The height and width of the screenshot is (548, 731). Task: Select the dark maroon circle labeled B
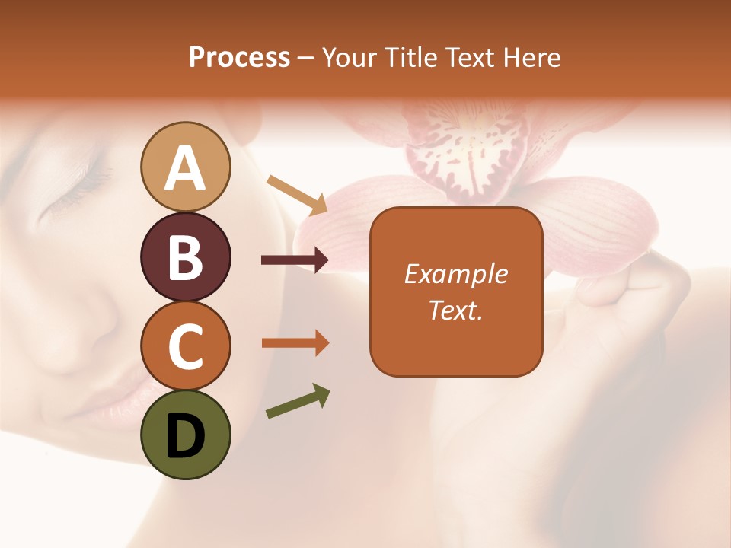point(185,256)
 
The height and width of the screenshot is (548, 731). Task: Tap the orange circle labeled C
point(185,346)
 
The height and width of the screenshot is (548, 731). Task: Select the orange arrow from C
point(295,343)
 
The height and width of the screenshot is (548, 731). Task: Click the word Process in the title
point(239,57)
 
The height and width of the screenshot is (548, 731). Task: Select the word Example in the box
point(455,274)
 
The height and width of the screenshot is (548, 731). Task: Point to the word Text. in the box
point(455,310)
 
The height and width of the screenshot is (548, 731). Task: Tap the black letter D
point(185,436)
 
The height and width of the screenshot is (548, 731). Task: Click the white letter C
point(185,346)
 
